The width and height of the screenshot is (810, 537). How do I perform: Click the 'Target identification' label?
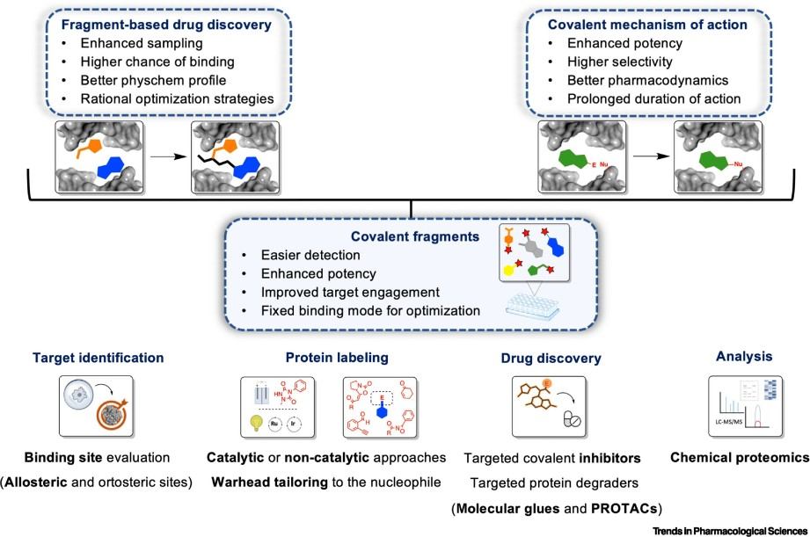click(98, 358)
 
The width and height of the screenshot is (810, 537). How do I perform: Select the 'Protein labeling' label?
click(325, 358)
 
